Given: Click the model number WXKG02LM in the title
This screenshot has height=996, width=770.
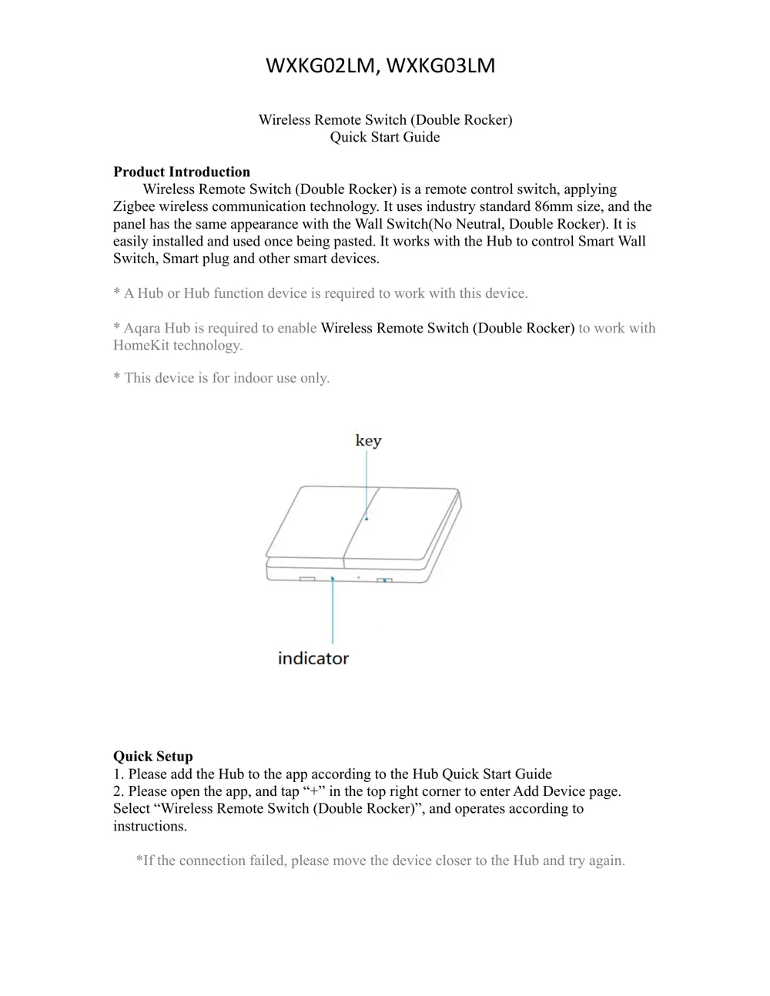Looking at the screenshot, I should [x=322, y=66].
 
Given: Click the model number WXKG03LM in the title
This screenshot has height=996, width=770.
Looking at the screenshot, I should [x=440, y=66].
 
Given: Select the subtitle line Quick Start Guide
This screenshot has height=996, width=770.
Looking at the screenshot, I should [x=385, y=137].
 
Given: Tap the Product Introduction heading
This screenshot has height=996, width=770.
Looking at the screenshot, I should [x=182, y=172].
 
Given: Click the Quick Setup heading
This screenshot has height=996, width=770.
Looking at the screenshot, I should [x=153, y=756].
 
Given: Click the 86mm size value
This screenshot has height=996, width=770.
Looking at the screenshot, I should [x=554, y=206].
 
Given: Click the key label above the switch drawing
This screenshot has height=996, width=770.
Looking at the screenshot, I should [x=368, y=440].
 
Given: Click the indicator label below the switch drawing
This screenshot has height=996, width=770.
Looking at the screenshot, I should [x=313, y=658].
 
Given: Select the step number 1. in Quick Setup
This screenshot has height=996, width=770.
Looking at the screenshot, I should [x=119, y=774].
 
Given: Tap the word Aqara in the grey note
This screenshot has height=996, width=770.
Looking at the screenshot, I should [x=142, y=328].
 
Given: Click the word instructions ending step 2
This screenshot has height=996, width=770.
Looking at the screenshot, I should [x=149, y=826].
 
